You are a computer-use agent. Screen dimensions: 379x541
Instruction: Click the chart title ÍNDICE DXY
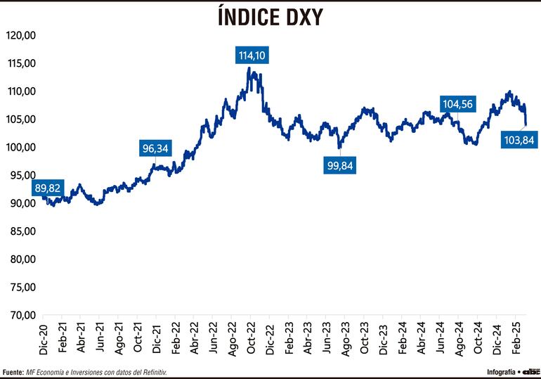270,17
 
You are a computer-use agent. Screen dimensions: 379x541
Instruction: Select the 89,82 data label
48,188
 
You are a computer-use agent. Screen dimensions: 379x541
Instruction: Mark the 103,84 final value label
520,140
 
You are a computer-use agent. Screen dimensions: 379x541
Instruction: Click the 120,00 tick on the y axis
20,35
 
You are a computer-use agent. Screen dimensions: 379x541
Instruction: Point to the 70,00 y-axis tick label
22,315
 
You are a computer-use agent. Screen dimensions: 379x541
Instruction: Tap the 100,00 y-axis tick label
20,147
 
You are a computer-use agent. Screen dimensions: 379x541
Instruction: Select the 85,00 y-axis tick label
22,231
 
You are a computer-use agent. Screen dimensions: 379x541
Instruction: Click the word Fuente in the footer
13,371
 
